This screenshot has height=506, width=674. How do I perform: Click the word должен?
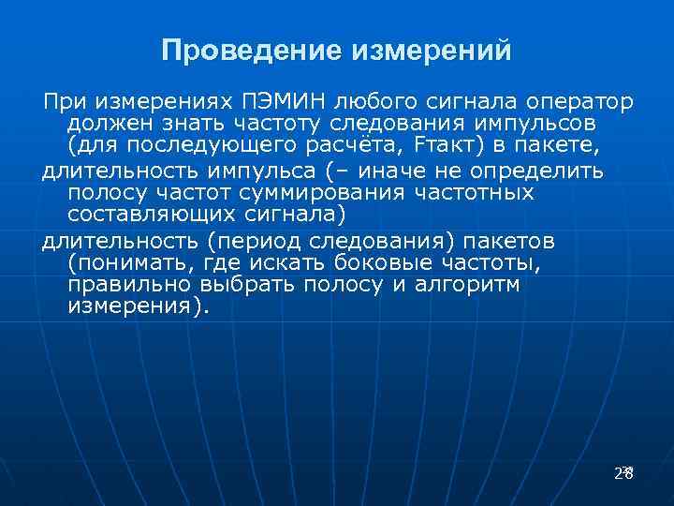pos(103,124)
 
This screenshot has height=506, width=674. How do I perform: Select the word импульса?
pos(264,171)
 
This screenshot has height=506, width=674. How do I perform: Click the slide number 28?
pos(623,473)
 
